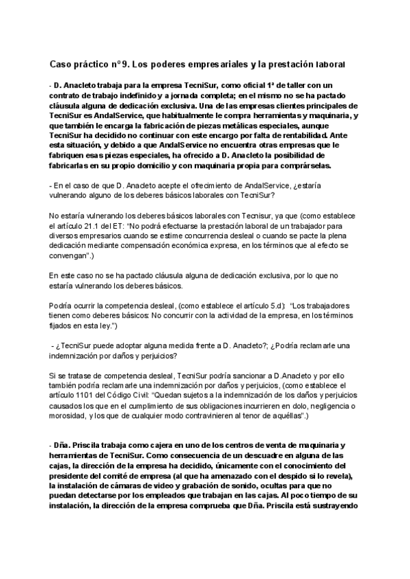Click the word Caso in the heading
click(61, 65)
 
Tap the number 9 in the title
click(125, 65)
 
